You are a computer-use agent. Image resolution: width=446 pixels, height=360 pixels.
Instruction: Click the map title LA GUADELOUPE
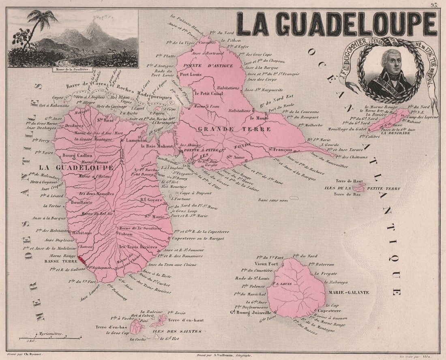click(337, 24)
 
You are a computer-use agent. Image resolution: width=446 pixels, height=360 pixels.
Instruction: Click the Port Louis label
click(191, 75)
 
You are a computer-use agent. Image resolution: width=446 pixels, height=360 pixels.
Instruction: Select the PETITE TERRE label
click(384, 189)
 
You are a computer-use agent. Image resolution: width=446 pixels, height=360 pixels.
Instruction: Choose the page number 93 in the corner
click(434, 5)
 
